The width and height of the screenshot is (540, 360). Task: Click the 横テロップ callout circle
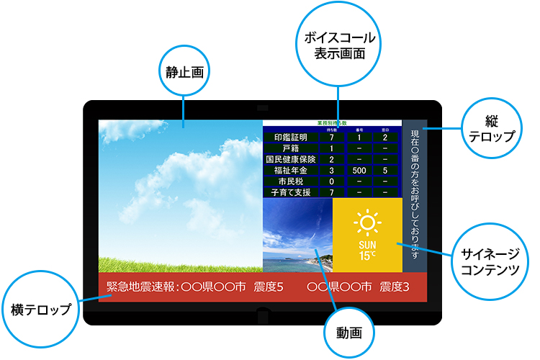(41, 309)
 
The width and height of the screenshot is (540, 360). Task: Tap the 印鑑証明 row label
(286, 138)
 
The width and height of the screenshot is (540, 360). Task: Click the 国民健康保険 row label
(286, 159)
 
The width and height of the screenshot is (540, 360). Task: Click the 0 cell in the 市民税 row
(331, 181)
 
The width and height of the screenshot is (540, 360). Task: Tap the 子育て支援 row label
(286, 193)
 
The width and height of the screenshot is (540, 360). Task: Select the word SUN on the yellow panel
(367, 244)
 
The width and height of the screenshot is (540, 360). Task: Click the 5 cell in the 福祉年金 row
(385, 171)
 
